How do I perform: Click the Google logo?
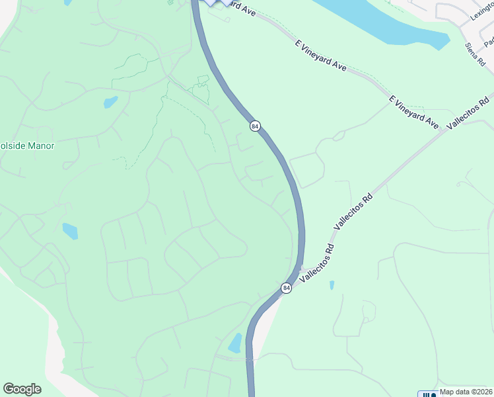[x=22, y=389]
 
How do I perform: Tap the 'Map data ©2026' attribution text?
[x=466, y=392]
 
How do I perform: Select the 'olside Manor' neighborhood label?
[x=27, y=146]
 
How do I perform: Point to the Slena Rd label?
[x=476, y=54]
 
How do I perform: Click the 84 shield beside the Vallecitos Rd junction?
[x=286, y=288]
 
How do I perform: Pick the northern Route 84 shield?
[x=255, y=126]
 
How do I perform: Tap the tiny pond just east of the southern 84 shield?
[x=332, y=285]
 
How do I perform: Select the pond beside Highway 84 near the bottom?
[x=235, y=343]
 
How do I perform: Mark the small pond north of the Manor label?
[x=110, y=102]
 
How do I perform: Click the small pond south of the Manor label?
[x=70, y=231]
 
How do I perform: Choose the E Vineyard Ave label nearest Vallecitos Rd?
[x=414, y=112]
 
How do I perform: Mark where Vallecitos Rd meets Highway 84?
[x=301, y=269]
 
